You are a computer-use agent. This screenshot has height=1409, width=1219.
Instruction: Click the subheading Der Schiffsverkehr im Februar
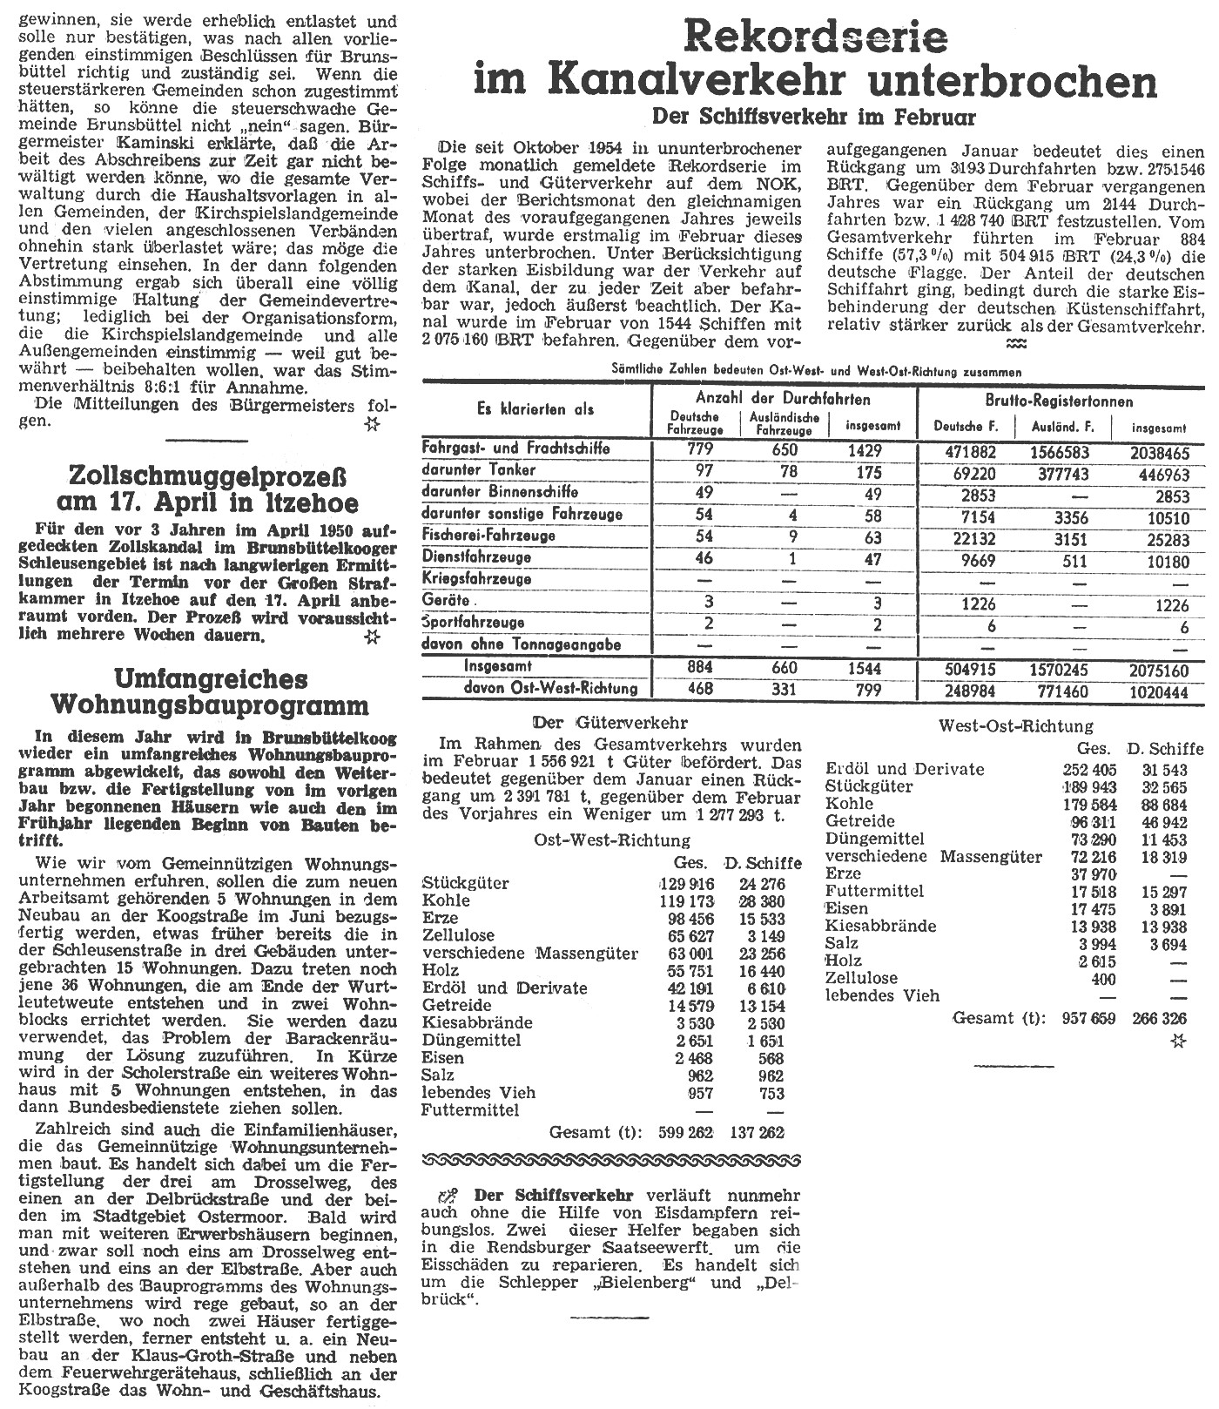click(815, 116)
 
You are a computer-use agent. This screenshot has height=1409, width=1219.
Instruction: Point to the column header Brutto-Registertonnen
click(1060, 401)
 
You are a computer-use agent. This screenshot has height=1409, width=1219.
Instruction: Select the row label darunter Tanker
click(479, 470)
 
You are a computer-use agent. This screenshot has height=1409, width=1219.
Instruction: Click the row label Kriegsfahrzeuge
click(475, 579)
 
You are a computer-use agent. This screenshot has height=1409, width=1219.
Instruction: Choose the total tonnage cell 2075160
click(1156, 669)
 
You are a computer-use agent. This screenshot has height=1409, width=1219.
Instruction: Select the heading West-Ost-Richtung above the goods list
click(1015, 725)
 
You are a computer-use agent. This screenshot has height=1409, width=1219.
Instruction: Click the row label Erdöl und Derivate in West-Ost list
click(905, 769)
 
